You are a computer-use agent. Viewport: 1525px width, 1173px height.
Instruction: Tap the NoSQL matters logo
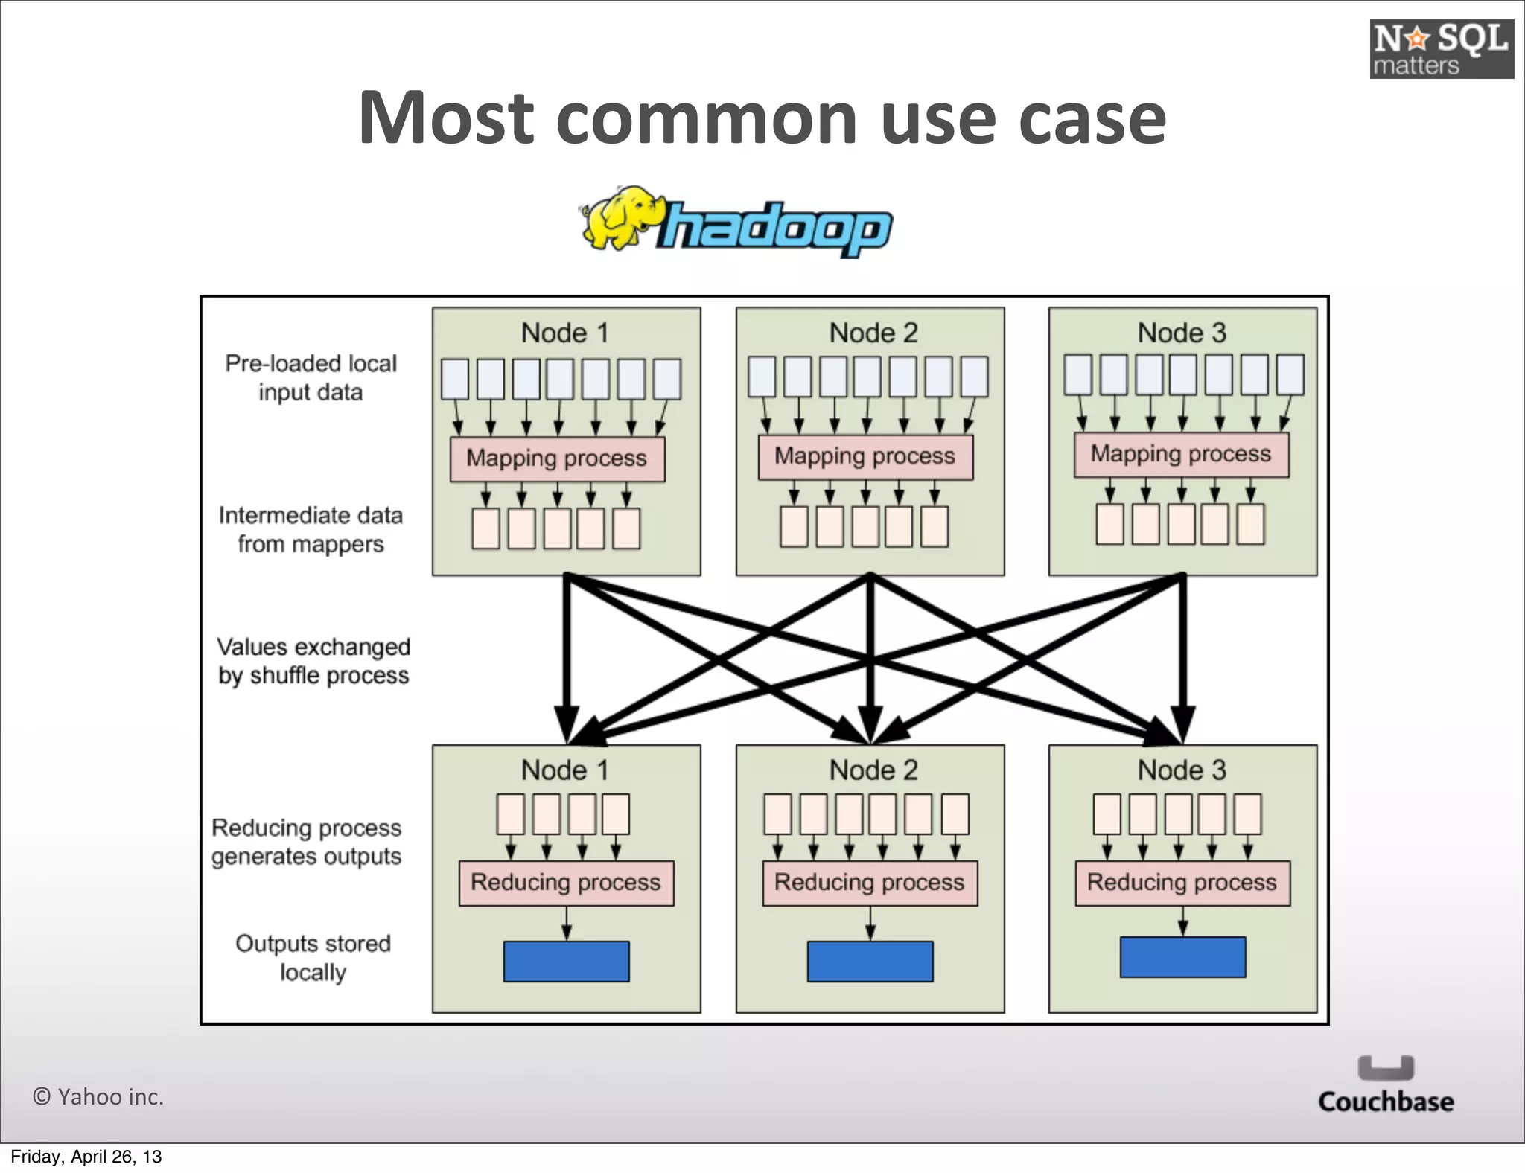(x=1441, y=49)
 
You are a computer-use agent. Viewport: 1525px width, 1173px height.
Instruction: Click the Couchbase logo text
(x=1385, y=1102)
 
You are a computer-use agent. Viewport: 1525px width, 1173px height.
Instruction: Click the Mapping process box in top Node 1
(x=557, y=458)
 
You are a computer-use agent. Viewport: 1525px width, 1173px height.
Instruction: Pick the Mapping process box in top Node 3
(x=1181, y=454)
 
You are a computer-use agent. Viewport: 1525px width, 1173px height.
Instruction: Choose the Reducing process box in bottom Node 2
(x=870, y=883)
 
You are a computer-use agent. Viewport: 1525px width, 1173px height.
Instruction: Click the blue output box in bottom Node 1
(x=566, y=961)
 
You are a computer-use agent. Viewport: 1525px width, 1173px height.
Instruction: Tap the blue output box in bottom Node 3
(x=1182, y=957)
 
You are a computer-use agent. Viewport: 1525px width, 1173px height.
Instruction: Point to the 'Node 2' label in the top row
(x=873, y=333)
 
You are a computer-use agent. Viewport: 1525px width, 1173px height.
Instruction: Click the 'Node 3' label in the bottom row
(x=1182, y=770)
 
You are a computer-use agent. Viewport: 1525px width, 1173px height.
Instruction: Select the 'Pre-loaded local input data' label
(x=311, y=377)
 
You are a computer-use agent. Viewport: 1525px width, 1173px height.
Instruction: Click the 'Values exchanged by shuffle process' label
(x=313, y=661)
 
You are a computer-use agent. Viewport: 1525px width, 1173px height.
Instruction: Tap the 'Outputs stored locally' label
(x=313, y=958)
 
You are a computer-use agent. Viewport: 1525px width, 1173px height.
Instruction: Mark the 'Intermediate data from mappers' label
(x=311, y=529)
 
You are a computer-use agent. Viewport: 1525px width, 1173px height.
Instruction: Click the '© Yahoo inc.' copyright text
(x=98, y=1096)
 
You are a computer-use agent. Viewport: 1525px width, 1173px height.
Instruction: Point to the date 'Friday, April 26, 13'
(x=86, y=1157)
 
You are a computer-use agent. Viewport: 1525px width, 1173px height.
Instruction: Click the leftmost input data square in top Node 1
(x=455, y=379)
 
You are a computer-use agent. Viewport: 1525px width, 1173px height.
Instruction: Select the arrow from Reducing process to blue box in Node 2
(x=870, y=924)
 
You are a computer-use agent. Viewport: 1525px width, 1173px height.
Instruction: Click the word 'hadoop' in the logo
(x=774, y=228)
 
